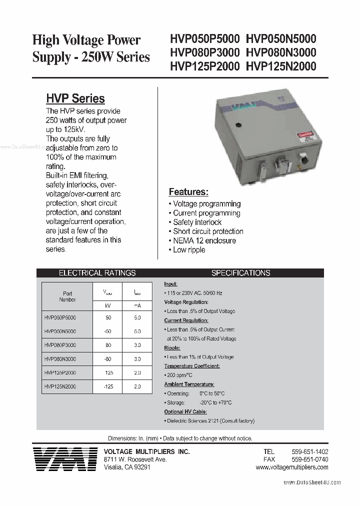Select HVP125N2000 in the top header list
coord(281,66)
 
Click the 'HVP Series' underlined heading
coord(75,98)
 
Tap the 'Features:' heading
coord(188,192)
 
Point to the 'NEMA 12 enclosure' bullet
coord(204,240)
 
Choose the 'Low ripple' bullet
coord(189,249)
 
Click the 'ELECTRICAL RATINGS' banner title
coord(97,273)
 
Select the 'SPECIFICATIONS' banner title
coord(240,273)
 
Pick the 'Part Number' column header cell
coord(67,296)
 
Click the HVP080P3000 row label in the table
coord(60,345)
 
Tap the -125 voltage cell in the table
coord(108,386)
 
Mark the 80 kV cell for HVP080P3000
coord(108,345)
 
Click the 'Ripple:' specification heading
coord(172,348)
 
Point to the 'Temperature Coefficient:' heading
coord(192,366)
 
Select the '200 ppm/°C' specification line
coord(179,375)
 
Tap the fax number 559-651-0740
coord(309,459)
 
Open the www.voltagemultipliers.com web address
coord(292,467)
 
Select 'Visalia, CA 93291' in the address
coord(127,467)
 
